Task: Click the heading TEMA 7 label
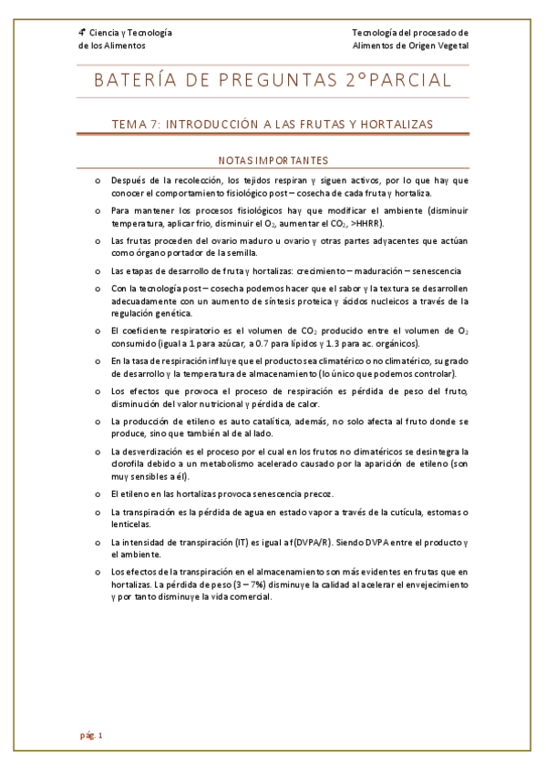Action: pos(136,124)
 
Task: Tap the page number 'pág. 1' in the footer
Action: pos(91,735)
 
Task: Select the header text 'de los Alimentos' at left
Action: pos(111,46)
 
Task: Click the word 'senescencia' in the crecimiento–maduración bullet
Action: pos(433,270)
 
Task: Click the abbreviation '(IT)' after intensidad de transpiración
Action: pos(241,542)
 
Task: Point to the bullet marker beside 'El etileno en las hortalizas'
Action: pos(98,493)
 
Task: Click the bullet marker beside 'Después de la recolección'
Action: pos(98,180)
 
